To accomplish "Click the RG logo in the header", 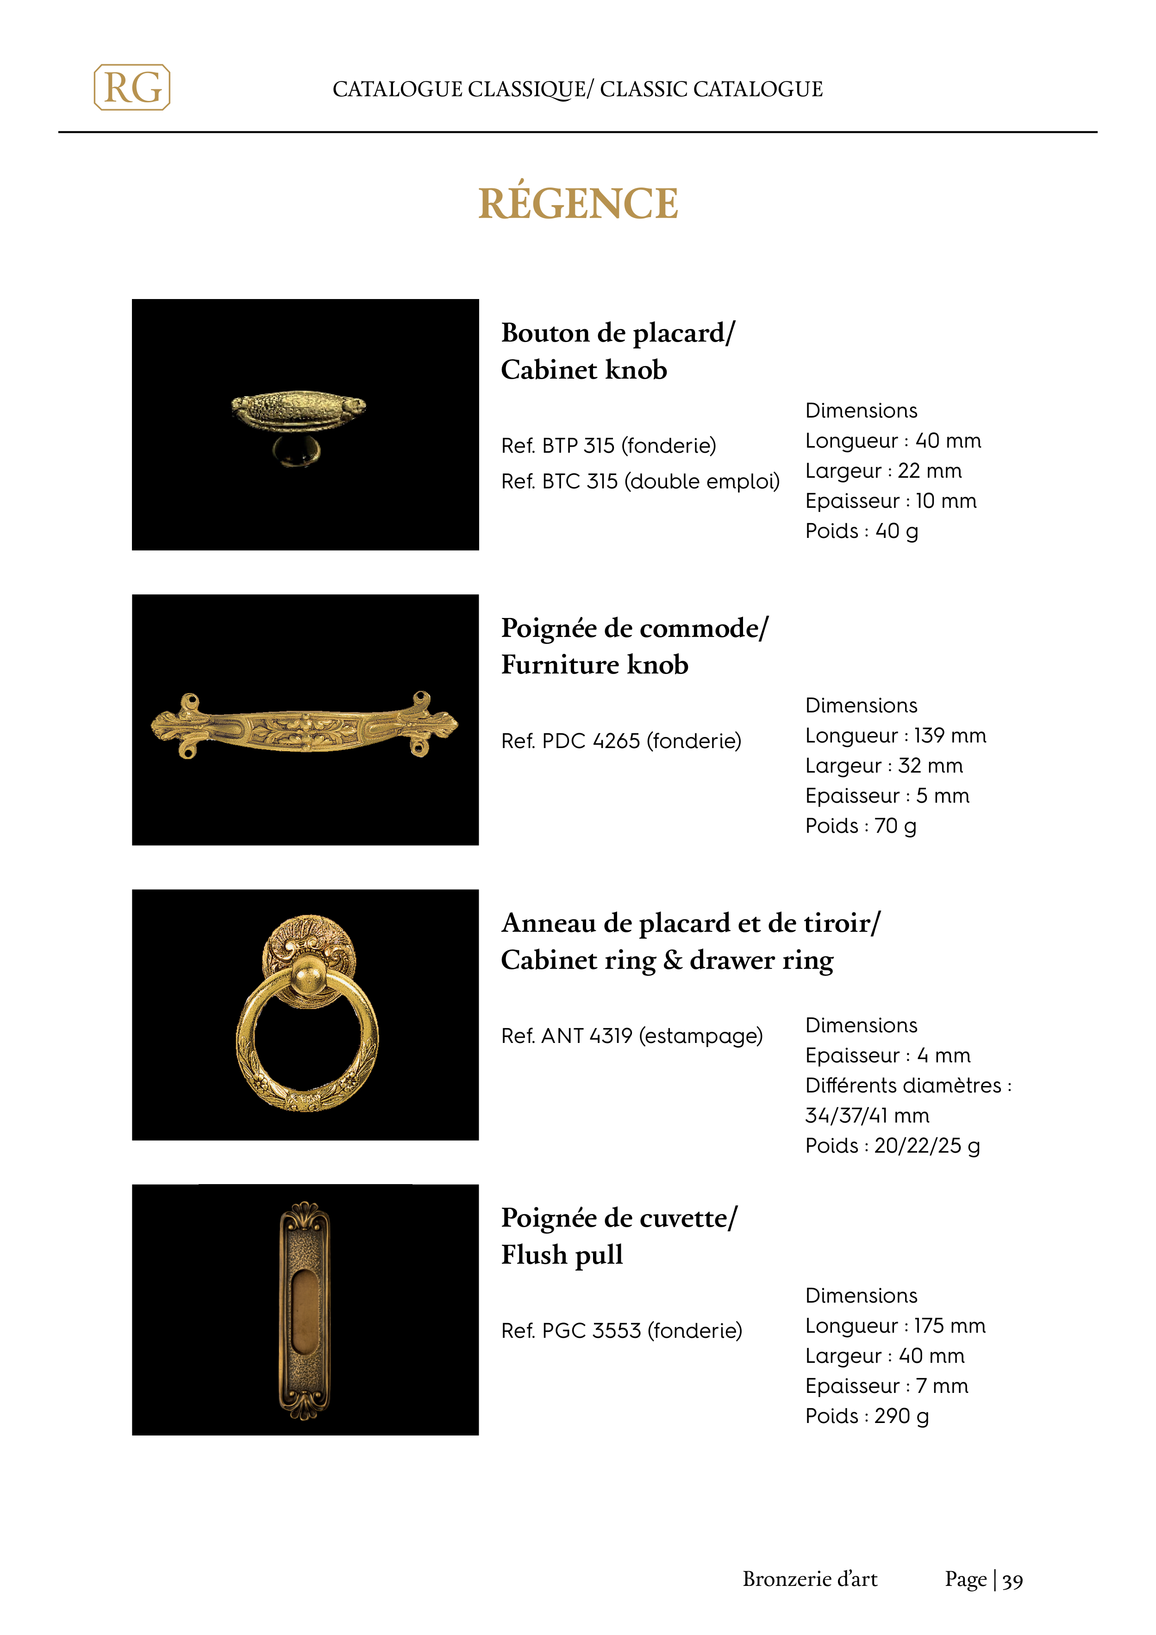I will (132, 87).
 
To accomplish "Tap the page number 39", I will (1012, 1581).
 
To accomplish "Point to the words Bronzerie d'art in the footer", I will (810, 1579).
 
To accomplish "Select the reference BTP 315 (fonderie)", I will (608, 446).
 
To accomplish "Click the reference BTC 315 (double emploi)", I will (640, 481).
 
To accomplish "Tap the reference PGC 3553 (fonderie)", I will (622, 1330).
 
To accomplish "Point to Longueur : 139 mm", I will (895, 736).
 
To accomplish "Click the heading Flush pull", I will (562, 1255).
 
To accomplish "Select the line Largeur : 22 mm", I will (883, 471).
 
